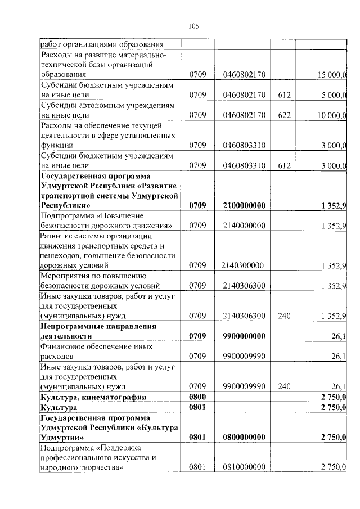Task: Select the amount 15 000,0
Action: click(x=332, y=74)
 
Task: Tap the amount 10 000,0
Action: click(x=332, y=115)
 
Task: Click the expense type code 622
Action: click(x=284, y=115)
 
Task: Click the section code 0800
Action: click(x=198, y=397)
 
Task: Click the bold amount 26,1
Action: click(x=339, y=336)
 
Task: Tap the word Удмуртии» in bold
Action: click(x=62, y=437)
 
